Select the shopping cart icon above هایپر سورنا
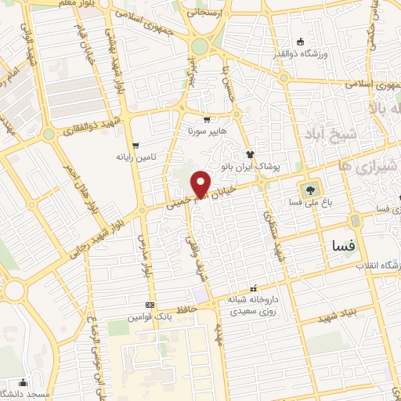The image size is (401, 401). [x=207, y=120]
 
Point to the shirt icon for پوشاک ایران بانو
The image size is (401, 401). [x=250, y=154]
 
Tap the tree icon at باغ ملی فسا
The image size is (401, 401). [x=310, y=189]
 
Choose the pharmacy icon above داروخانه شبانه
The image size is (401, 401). [x=252, y=287]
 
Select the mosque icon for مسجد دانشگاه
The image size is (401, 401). [x=23, y=382]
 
